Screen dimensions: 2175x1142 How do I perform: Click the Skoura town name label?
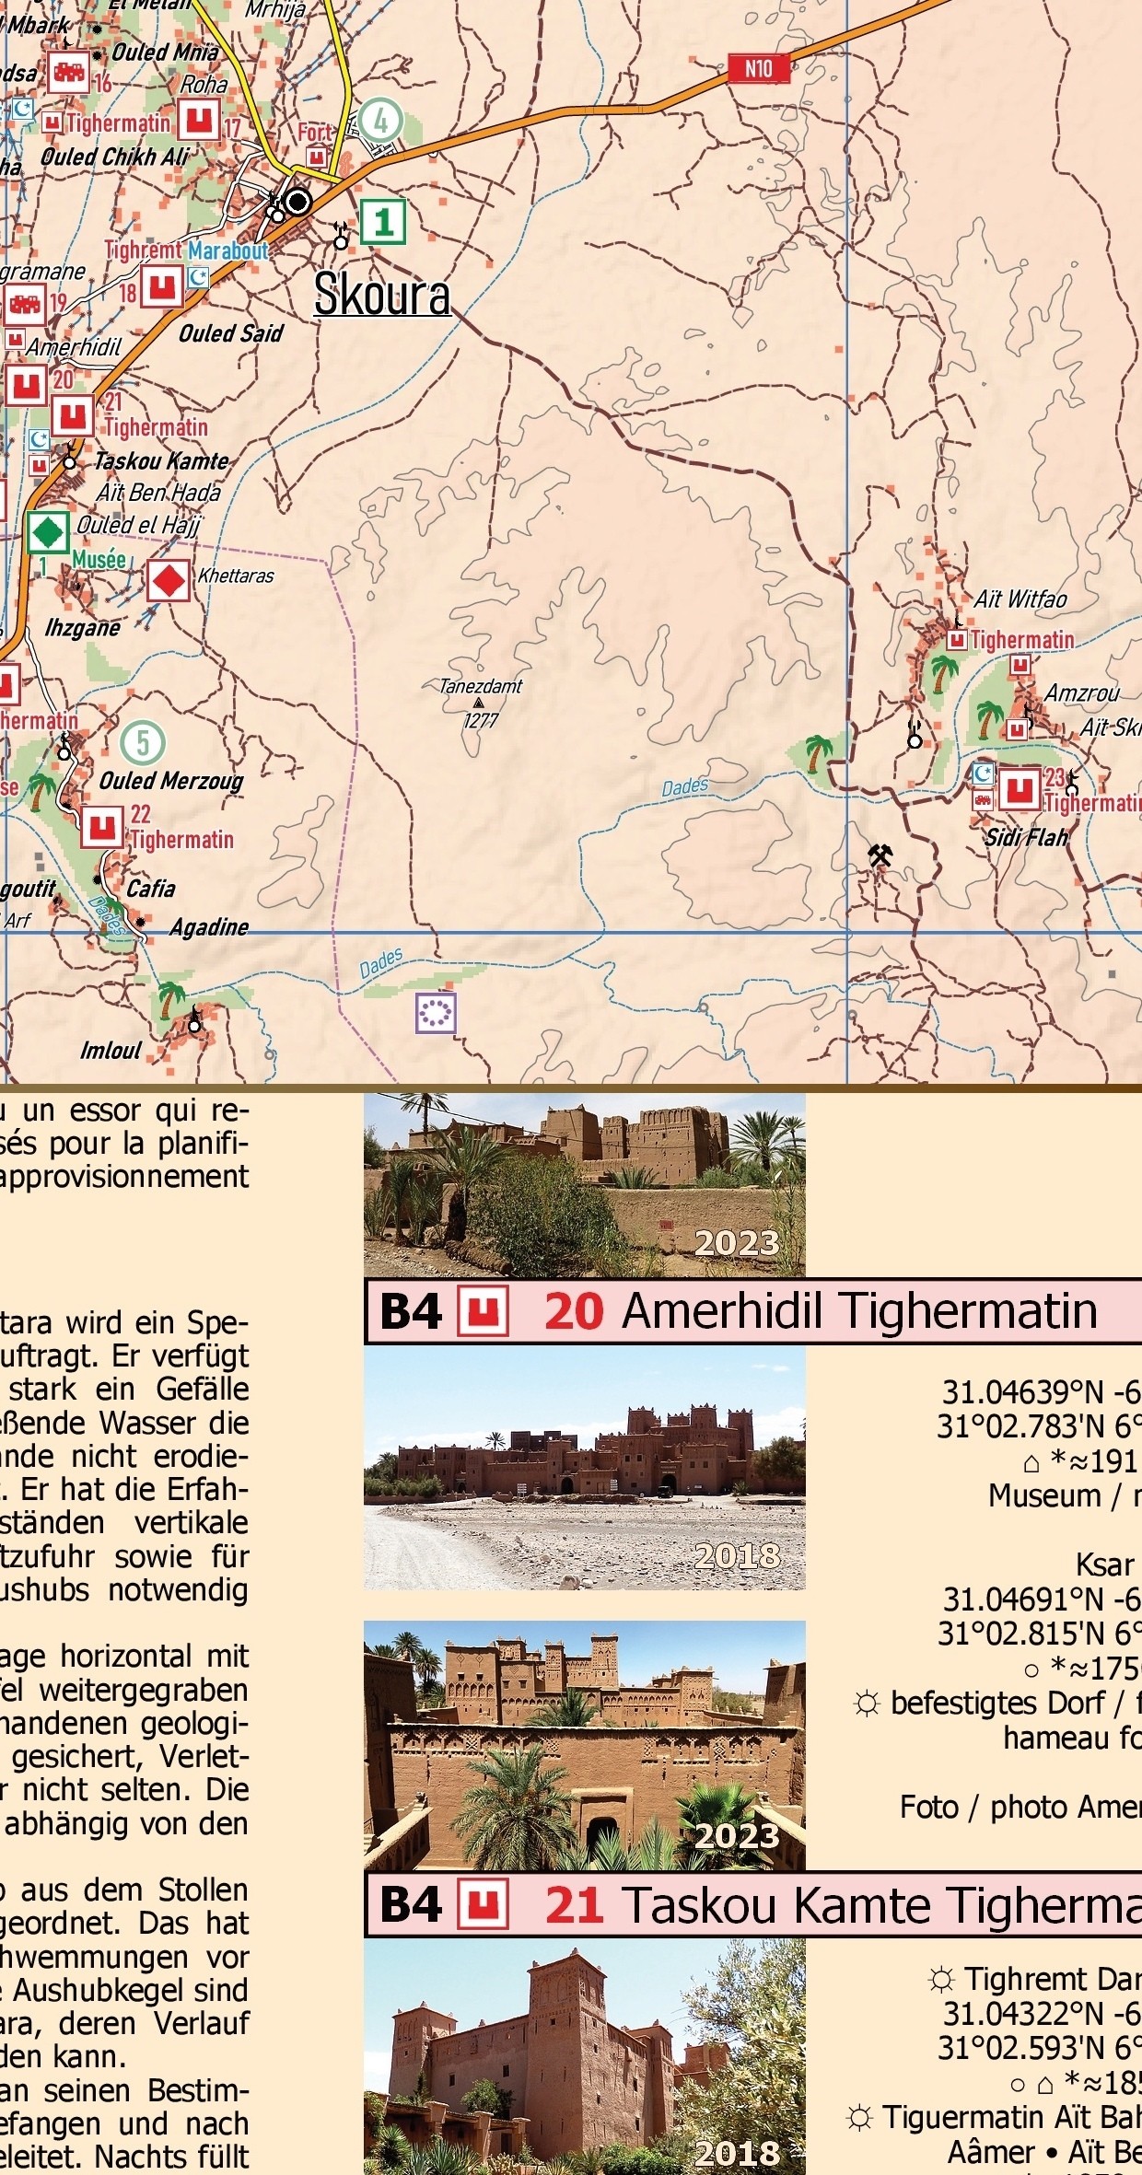[x=381, y=296]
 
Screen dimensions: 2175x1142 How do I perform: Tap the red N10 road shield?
[x=758, y=68]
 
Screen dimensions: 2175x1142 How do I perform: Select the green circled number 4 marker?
[x=380, y=120]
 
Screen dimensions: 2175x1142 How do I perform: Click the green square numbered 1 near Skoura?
[x=383, y=222]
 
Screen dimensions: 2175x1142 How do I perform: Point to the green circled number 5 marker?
[x=143, y=742]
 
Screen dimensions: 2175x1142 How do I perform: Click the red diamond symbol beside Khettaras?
[x=169, y=581]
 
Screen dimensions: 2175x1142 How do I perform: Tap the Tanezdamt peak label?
[x=480, y=686]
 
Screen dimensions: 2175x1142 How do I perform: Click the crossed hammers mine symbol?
[x=880, y=855]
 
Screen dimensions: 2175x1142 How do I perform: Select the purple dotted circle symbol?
[x=436, y=1013]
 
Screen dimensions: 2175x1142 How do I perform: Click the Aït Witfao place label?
[x=1020, y=599]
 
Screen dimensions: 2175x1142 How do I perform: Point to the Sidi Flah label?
[x=1026, y=838]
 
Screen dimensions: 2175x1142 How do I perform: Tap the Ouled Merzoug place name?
[x=171, y=781]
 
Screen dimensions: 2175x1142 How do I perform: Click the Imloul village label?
[x=111, y=1051]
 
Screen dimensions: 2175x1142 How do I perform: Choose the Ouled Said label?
[x=230, y=333]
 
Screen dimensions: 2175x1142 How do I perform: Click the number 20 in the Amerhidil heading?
[x=573, y=1311]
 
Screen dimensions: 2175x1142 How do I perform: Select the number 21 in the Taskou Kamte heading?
[x=573, y=1905]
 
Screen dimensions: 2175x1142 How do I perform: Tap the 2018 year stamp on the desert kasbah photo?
[x=737, y=1555]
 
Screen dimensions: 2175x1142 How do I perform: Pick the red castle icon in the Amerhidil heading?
[x=484, y=1312]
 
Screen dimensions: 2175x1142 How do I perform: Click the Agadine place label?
[x=209, y=926]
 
